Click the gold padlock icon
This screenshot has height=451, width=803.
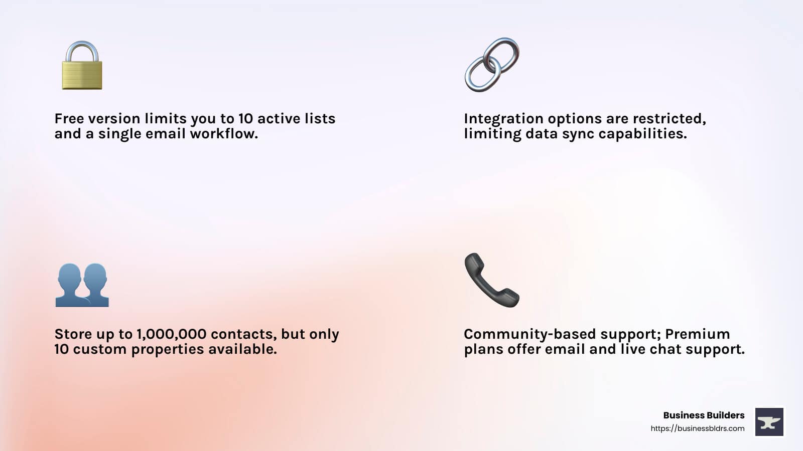point(82,66)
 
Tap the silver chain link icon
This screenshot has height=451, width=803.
point(492,65)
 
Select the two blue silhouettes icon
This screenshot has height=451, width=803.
point(82,285)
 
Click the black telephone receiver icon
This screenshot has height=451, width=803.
point(491,280)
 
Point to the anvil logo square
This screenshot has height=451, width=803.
point(769,422)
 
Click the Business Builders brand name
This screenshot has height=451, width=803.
point(704,415)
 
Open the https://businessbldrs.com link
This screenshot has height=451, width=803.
point(697,428)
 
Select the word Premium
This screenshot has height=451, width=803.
point(697,334)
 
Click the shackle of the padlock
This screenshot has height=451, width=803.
point(82,50)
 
